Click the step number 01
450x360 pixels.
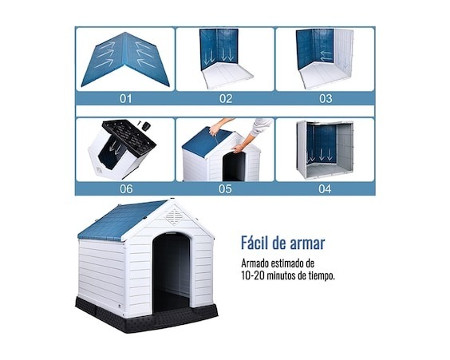[125, 99]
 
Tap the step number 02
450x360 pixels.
[226, 99]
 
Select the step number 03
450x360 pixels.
[326, 99]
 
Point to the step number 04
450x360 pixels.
[325, 189]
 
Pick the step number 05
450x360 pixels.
[225, 189]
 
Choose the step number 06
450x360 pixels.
[126, 189]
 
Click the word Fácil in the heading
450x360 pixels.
[254, 243]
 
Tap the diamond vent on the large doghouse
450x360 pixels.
[175, 216]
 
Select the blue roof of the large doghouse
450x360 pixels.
[122, 221]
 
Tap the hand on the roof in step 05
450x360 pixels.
[215, 130]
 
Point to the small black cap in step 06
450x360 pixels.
[147, 126]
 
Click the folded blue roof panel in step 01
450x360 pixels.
[125, 59]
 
